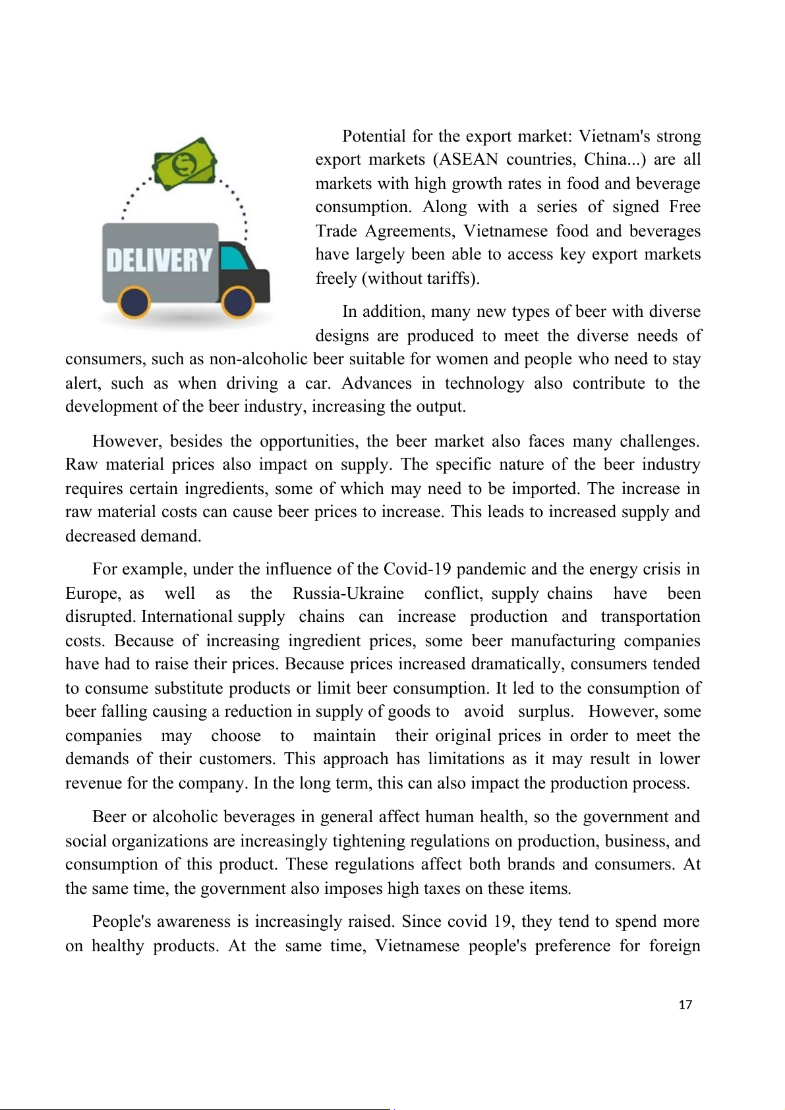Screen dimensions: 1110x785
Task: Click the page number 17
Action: [x=685, y=1005]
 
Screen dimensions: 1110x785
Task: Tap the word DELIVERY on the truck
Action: [x=160, y=260]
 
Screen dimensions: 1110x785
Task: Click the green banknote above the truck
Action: [x=185, y=164]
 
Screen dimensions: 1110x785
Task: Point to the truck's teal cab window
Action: [x=233, y=258]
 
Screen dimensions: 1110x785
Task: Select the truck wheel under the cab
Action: [x=238, y=302]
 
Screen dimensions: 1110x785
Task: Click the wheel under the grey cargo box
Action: [x=134, y=302]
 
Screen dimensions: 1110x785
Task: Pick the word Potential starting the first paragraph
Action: [x=374, y=136]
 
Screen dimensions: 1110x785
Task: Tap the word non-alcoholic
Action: [x=258, y=359]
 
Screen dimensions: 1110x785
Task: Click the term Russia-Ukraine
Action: [x=348, y=594]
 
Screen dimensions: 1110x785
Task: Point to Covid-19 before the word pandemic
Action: [x=418, y=569]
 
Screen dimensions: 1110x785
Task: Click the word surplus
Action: [x=545, y=711]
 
